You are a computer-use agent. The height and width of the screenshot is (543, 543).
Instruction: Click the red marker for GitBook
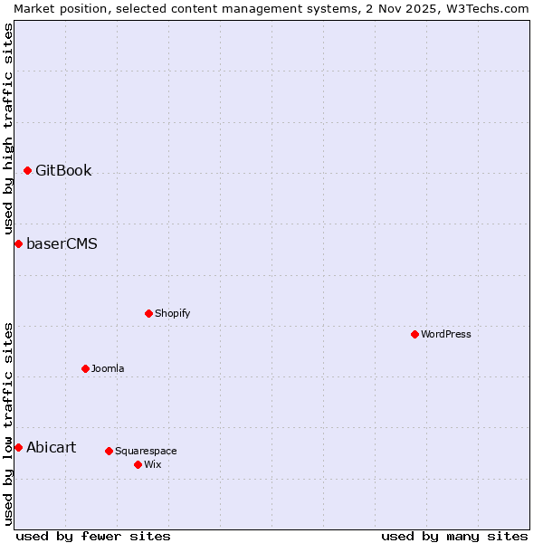(27, 171)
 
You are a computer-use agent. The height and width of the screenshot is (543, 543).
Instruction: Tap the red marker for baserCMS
(18, 244)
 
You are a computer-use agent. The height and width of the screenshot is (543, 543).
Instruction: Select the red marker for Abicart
(18, 448)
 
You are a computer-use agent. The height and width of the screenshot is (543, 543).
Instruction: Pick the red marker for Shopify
(148, 314)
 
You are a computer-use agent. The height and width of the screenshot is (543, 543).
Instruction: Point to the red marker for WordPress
(414, 335)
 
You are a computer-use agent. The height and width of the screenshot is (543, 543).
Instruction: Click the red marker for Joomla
(85, 369)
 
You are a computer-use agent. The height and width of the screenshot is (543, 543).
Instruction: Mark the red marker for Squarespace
(109, 452)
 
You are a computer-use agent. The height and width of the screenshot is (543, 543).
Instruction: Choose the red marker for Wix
(138, 465)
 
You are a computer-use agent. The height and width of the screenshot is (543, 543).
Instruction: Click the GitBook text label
(63, 171)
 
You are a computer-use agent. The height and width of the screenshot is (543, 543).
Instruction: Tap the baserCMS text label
(62, 244)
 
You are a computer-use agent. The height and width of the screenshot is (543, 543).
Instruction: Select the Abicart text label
(51, 448)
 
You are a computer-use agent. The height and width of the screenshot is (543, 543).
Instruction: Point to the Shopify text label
(172, 314)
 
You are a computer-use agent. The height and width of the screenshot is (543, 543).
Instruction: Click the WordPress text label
(446, 335)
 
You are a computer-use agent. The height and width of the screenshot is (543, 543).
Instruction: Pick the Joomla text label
(108, 369)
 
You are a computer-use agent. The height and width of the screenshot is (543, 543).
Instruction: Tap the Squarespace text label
(146, 452)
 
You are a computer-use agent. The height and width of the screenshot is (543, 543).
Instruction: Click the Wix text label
(152, 465)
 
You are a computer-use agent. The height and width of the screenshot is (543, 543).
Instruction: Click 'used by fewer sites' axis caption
(93, 537)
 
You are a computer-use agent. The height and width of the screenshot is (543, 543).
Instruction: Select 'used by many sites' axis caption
(454, 537)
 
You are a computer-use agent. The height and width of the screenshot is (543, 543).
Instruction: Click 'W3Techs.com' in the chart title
(492, 8)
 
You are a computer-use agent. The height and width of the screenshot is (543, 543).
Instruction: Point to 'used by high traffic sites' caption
(8, 129)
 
